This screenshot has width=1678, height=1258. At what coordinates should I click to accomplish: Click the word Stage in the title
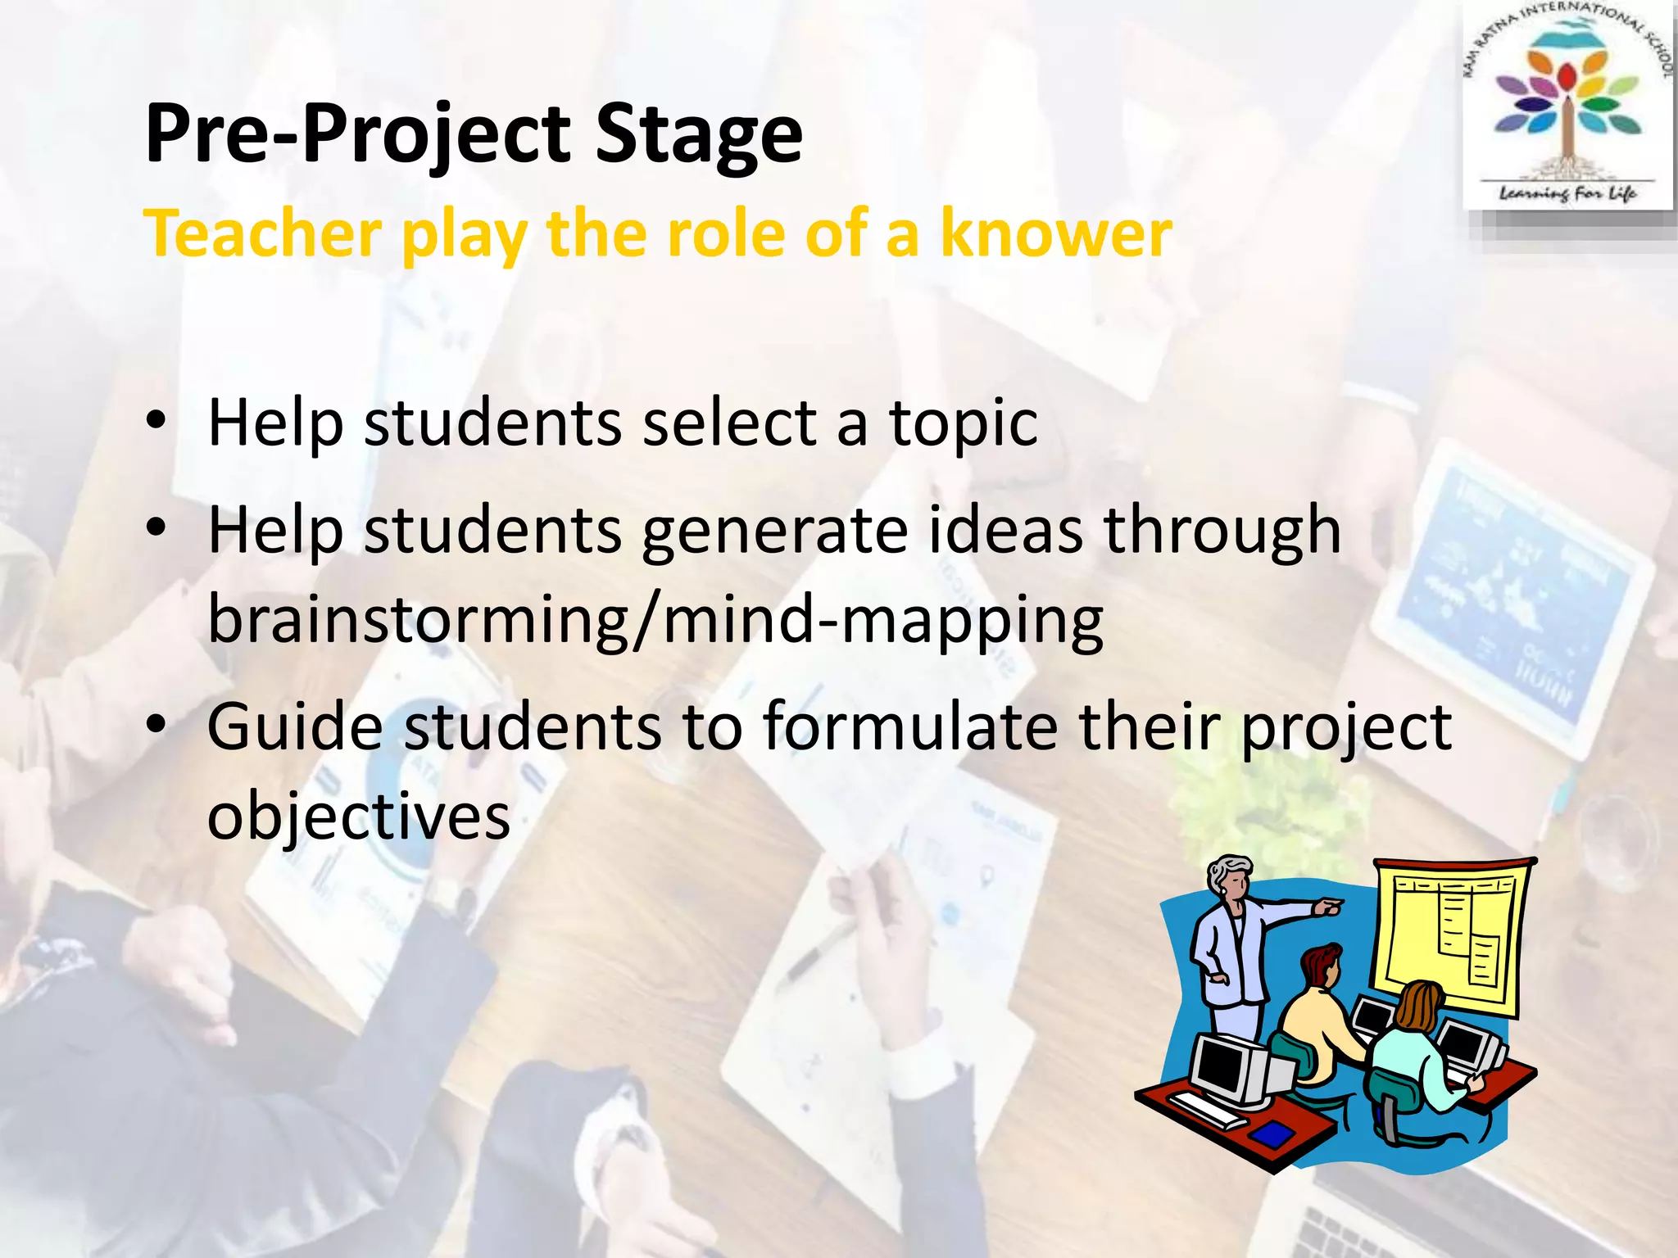698,135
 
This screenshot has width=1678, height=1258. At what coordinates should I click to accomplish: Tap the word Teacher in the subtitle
262,234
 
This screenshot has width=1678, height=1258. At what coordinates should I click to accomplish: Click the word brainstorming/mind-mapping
655,620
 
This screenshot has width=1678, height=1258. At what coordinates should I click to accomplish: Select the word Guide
295,726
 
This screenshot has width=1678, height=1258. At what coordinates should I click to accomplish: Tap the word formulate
910,726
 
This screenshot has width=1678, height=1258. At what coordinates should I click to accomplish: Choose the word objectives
358,817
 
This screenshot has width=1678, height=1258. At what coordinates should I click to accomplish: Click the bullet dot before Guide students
156,725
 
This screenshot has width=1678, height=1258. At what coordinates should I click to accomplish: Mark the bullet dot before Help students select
156,423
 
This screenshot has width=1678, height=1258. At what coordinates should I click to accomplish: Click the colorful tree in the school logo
1567,102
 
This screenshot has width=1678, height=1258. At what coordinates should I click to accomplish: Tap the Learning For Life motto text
1567,193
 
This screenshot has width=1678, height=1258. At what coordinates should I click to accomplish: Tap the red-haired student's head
1322,966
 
